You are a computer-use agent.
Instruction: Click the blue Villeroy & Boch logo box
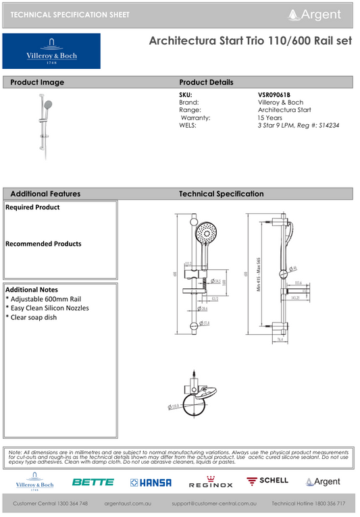tap(51, 51)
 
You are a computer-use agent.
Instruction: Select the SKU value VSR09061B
tap(274, 94)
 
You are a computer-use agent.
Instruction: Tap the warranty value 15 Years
tap(270, 117)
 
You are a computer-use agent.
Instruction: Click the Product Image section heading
tap(37, 82)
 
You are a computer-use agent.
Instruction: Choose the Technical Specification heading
tap(221, 194)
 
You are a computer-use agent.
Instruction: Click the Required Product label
tap(32, 207)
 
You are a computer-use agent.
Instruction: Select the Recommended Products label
tap(43, 244)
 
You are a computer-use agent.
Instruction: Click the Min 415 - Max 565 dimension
tap(259, 274)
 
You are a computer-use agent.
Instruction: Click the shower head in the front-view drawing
tap(206, 237)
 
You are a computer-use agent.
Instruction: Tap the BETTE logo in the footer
tap(93, 482)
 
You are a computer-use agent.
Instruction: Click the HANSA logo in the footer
tap(151, 482)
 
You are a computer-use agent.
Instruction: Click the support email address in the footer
tap(214, 504)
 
